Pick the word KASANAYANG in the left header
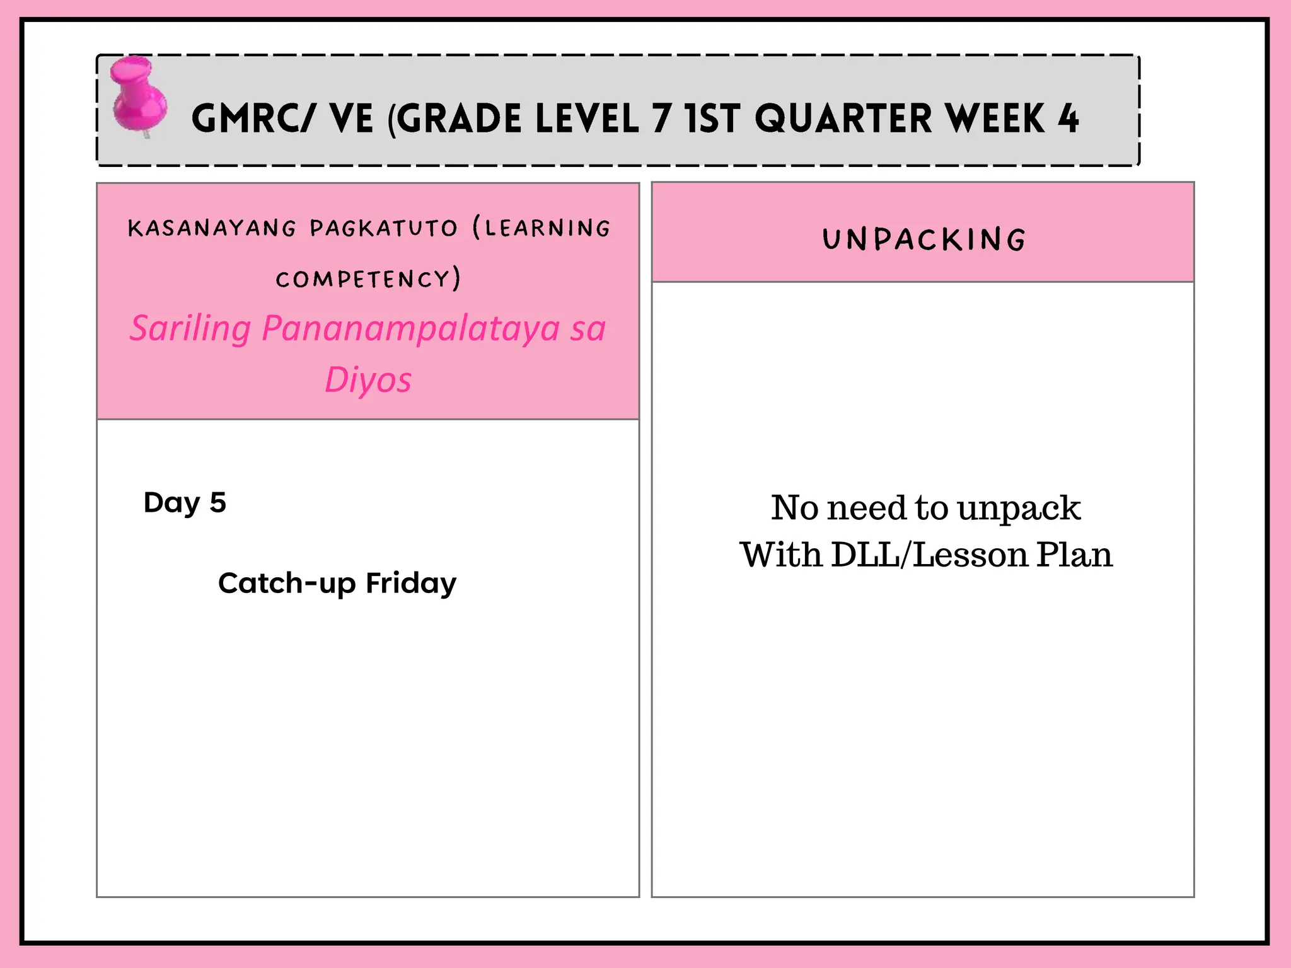tap(212, 228)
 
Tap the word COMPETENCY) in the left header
tap(368, 279)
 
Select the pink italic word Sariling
tap(190, 329)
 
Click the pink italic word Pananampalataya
tap(410, 329)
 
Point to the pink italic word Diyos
tap(368, 380)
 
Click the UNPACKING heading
tap(924, 239)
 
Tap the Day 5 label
tap(185, 503)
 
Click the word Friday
tap(411, 584)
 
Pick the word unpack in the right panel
tap(1019, 508)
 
